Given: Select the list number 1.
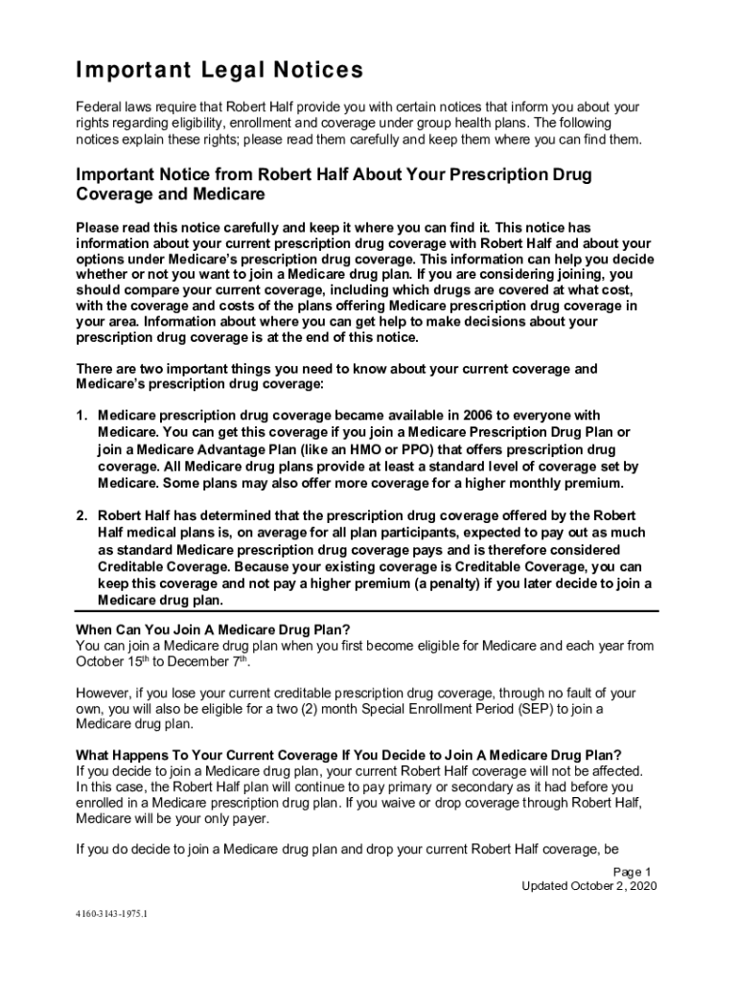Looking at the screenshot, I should [x=82, y=415].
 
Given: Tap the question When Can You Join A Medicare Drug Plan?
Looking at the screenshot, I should [x=213, y=629].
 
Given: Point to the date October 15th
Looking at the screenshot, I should [x=119, y=662].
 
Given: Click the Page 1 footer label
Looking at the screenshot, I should [x=633, y=872].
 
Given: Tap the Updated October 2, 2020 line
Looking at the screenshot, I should [x=588, y=886].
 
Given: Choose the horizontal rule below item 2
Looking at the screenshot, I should [x=367, y=611].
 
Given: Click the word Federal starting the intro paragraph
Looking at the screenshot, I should [x=98, y=107].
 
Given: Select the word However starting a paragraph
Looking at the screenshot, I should [x=104, y=693].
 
